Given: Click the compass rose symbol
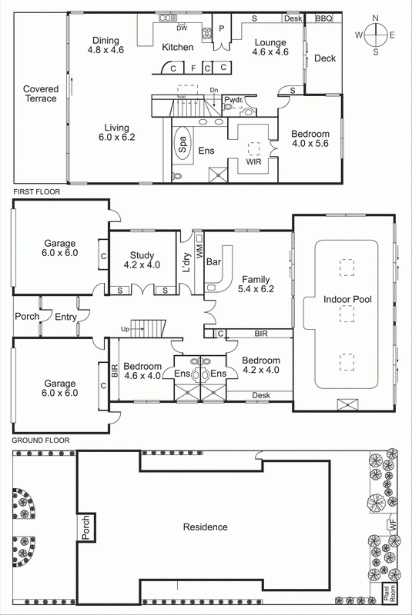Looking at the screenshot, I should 376,35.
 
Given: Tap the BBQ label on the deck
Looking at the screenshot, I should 323,18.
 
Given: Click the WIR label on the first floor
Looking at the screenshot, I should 254,163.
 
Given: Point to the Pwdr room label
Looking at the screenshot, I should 233,99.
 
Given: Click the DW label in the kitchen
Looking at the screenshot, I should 183,28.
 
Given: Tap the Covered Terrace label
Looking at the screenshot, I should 40,93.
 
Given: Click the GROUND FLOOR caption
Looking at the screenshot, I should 40,440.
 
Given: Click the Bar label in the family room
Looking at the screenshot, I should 215,262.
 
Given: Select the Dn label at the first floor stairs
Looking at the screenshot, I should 213,90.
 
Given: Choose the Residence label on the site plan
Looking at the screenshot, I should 205,527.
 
